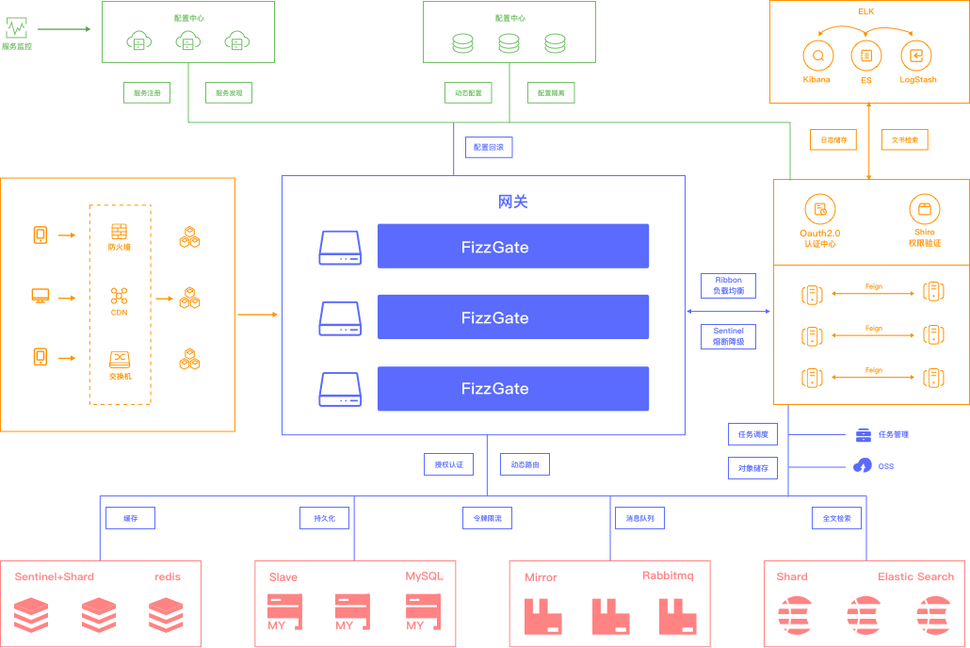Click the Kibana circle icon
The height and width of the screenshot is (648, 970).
(x=817, y=56)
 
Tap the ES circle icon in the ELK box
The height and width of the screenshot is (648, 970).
(x=865, y=56)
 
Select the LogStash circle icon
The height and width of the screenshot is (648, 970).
(x=915, y=56)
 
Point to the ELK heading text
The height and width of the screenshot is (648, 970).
(x=866, y=11)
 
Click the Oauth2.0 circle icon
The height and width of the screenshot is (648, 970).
(x=819, y=209)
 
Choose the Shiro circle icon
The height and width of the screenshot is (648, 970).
(x=924, y=209)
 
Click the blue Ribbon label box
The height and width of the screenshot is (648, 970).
(x=728, y=285)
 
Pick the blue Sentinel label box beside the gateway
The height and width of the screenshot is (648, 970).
(x=728, y=336)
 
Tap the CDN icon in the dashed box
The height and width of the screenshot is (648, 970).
(x=119, y=296)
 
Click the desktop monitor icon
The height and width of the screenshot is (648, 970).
(x=40, y=297)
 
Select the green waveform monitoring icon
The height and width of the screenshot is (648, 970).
(x=16, y=28)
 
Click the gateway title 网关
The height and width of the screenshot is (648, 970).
(x=513, y=202)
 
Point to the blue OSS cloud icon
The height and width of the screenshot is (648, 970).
(x=862, y=465)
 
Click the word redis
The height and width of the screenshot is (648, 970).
(x=168, y=576)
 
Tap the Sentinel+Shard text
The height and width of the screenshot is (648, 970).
(x=54, y=576)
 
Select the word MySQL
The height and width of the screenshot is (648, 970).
(x=424, y=575)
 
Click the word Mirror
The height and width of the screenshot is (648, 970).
(x=541, y=577)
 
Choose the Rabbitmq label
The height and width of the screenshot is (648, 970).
(x=668, y=575)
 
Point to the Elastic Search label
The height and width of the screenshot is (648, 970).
(x=915, y=576)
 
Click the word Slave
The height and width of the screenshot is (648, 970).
(x=283, y=577)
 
